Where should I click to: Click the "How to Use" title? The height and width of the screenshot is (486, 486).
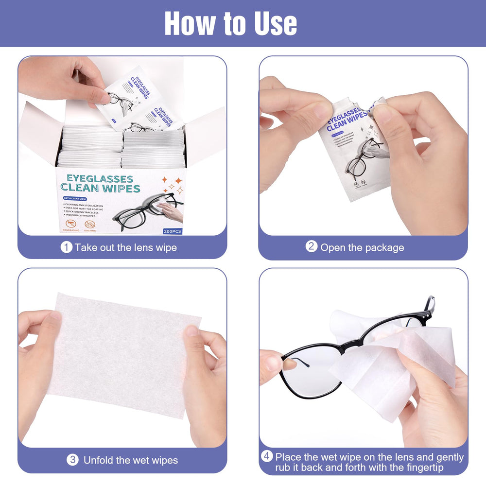(230, 23)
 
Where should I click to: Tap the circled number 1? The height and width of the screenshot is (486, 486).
(66, 247)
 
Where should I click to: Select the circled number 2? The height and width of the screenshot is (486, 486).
(312, 246)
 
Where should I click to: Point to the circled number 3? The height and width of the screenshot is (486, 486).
(72, 459)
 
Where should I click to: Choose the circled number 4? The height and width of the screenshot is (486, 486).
(267, 457)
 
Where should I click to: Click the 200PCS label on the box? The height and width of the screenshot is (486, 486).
(172, 231)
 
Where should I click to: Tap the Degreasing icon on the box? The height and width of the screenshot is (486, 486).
(73, 225)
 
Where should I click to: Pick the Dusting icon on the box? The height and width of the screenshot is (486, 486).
(90, 225)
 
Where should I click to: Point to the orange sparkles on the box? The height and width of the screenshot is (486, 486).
(172, 185)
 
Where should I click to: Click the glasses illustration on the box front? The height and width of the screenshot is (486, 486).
(146, 211)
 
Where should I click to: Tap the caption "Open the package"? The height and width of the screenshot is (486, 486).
(362, 247)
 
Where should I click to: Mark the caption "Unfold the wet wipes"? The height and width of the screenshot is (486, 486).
(130, 460)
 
